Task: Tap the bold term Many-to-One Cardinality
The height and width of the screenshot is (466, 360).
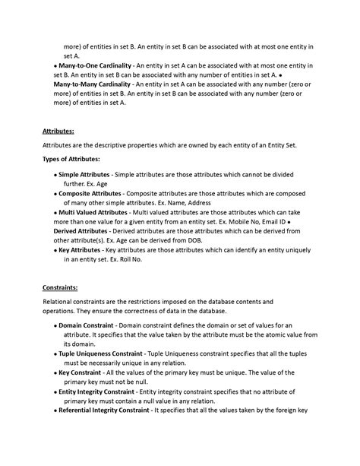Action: [x=96, y=67]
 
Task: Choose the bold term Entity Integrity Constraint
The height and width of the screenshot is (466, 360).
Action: [x=102, y=392]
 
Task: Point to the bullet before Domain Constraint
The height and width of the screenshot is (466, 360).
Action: [x=55, y=325]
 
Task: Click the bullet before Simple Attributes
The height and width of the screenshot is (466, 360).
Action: [x=55, y=175]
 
